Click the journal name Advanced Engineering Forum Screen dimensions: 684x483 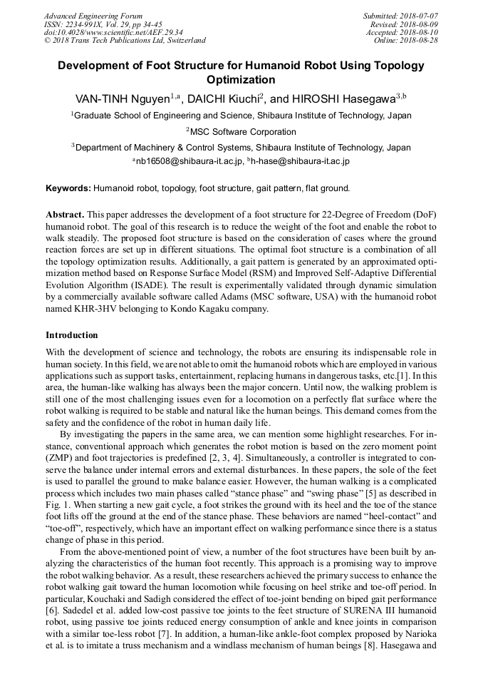point(93,16)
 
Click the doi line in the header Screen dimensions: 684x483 point(113,33)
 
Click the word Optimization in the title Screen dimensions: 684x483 point(240,80)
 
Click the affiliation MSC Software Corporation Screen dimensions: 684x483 point(242,131)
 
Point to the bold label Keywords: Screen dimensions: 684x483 point(68,188)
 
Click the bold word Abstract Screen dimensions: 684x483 point(65,215)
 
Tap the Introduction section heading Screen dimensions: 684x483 point(72,335)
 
